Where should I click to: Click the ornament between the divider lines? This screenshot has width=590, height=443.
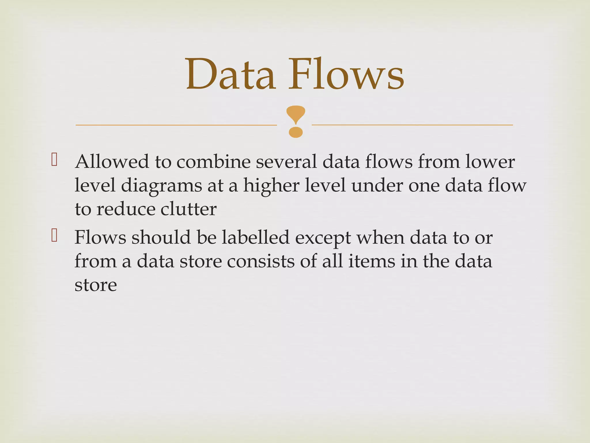pos(296,121)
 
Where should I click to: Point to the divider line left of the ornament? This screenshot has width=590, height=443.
pos(176,125)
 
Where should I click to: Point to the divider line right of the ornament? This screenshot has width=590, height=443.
pos(412,125)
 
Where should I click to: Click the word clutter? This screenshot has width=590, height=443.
pos(188,209)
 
